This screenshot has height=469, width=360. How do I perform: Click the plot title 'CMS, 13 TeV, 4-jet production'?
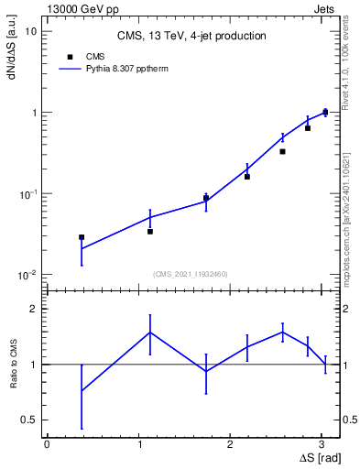click(x=191, y=37)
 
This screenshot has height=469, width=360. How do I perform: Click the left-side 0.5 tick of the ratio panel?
click(x=27, y=420)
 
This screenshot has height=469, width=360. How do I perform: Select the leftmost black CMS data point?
click(x=82, y=237)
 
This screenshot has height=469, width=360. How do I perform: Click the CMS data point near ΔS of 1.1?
click(x=150, y=232)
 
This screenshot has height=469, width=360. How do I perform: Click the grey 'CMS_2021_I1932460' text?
click(x=190, y=274)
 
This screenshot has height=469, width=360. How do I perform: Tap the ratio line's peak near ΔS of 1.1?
click(x=150, y=333)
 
